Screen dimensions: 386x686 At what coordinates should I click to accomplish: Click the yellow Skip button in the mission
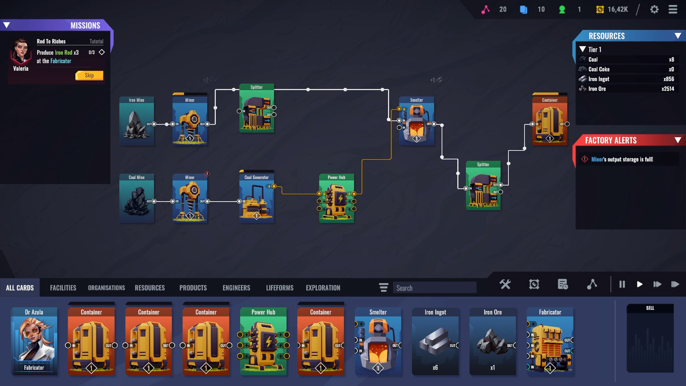89,75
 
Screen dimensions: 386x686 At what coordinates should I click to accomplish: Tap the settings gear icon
654,9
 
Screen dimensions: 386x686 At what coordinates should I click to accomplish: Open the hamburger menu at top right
673,9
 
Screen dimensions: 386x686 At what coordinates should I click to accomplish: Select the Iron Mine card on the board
136,122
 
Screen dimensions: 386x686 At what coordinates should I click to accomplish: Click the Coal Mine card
136,199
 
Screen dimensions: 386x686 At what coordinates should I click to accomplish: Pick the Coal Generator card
257,199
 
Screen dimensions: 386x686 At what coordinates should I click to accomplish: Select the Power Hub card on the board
336,199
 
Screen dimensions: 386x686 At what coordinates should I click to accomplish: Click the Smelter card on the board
416,122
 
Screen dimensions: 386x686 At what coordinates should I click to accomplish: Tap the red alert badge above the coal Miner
207,174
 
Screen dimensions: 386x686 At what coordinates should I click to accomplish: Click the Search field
434,288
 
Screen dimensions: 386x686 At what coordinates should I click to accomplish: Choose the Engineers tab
236,288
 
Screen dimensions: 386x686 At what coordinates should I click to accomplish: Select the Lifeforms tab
279,288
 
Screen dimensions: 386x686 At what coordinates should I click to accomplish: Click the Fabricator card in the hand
550,341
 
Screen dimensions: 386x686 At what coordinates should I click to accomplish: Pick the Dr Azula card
34,341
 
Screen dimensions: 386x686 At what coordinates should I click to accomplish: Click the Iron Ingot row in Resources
627,79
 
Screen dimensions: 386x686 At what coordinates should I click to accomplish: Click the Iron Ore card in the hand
492,341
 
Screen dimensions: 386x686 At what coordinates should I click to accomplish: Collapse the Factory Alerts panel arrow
677,140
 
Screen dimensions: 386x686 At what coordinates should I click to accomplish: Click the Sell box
650,338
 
